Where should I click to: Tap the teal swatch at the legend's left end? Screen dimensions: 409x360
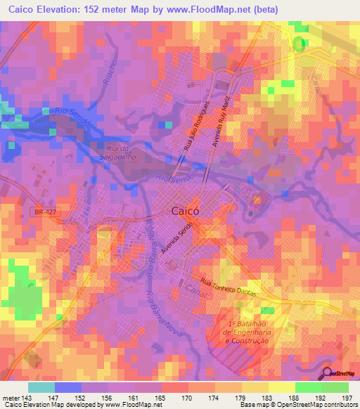click(41, 387)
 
